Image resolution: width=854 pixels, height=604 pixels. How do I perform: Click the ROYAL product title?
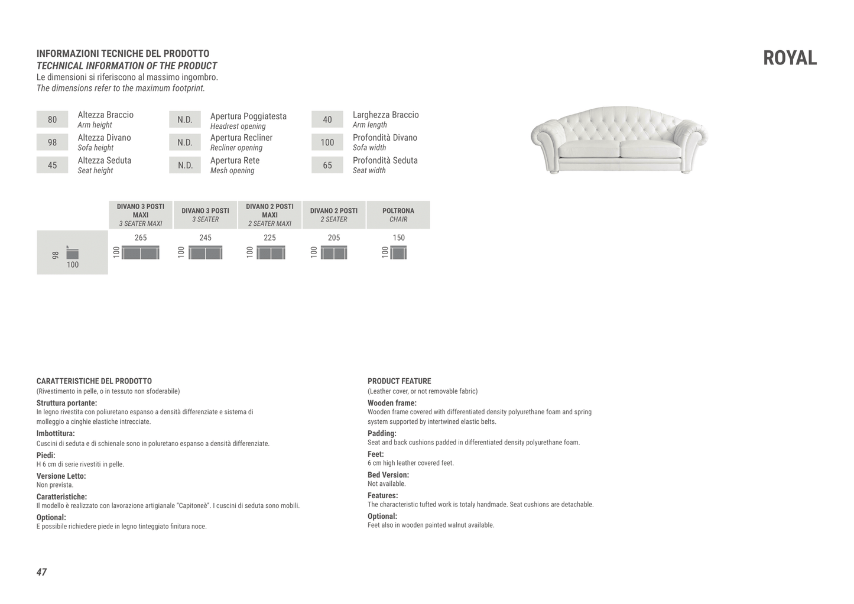pos(790,58)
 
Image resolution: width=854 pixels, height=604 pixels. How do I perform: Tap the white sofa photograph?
pos(619,140)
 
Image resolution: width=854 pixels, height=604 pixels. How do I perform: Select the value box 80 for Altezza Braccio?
pos(52,119)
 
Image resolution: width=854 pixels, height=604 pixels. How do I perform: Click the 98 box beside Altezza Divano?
pos(52,142)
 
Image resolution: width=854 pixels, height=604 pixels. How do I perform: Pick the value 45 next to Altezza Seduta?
pos(52,165)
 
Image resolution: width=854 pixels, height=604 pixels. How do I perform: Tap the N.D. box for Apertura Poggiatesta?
pos(185,119)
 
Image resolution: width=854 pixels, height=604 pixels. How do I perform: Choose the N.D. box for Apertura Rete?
pos(185,165)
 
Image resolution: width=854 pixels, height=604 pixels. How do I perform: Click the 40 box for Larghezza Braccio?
pos(327,119)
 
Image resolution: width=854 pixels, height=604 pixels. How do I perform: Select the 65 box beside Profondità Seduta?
pos(327,165)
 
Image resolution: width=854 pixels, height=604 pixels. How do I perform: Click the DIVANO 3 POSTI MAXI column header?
pos(141,215)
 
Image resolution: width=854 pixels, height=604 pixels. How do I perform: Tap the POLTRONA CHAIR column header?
pos(398,215)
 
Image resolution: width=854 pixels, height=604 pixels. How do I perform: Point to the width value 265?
pos(141,238)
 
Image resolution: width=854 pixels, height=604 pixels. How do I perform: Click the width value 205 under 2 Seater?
pos(334,238)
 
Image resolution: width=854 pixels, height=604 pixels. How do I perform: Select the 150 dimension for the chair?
pos(399,238)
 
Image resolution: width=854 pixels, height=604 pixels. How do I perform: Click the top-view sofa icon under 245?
pos(206,253)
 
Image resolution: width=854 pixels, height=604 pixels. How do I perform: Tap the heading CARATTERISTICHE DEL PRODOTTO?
pos(94,381)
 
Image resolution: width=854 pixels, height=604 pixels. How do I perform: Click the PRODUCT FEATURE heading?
pos(400,381)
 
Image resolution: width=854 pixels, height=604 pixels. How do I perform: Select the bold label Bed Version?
pos(388,475)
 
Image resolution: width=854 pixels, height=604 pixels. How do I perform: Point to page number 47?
pos(41,572)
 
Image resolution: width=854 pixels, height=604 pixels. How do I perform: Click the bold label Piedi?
pos(46,455)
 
